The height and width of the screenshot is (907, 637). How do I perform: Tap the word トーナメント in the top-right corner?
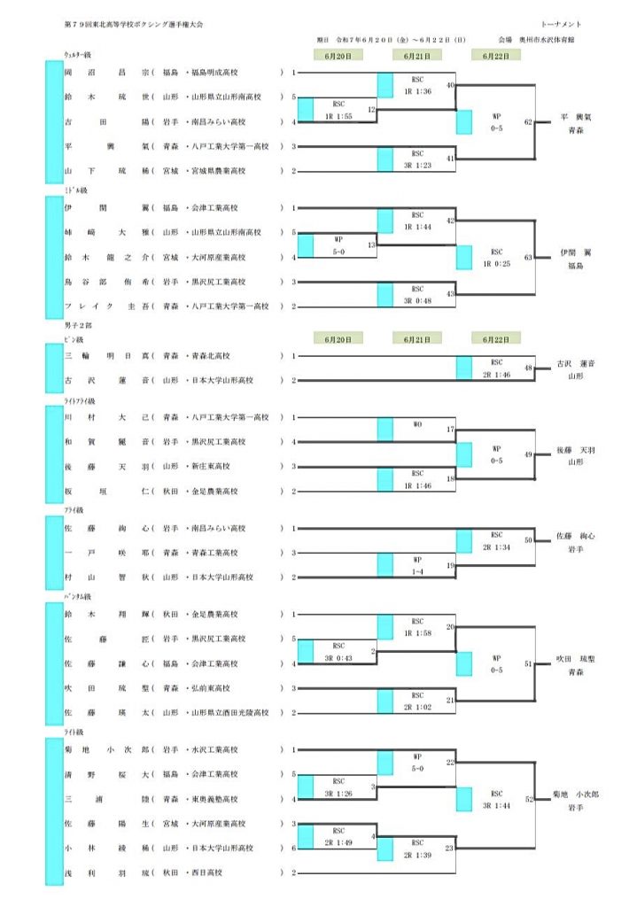tap(561, 23)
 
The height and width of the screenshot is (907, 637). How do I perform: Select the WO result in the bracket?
tap(417, 425)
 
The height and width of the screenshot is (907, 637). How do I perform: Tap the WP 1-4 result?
tap(417, 566)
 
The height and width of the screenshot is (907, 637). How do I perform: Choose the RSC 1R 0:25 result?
tap(496, 258)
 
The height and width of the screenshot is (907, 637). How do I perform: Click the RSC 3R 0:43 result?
tap(338, 652)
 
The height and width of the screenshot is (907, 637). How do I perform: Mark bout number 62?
tap(528, 122)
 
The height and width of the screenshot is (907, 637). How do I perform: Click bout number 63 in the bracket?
tap(528, 258)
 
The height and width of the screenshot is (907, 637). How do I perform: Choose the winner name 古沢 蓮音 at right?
tap(575, 363)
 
